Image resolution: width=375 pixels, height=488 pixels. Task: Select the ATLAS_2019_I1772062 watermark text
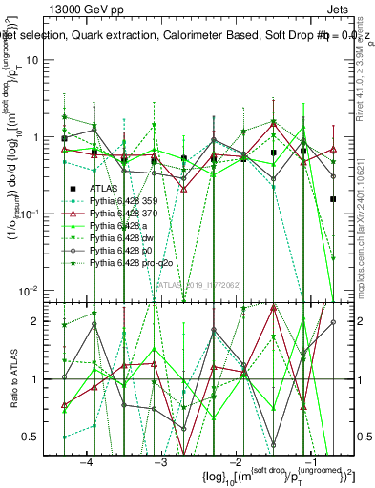click(198, 284)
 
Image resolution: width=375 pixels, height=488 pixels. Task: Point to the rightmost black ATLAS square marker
click(333, 199)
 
